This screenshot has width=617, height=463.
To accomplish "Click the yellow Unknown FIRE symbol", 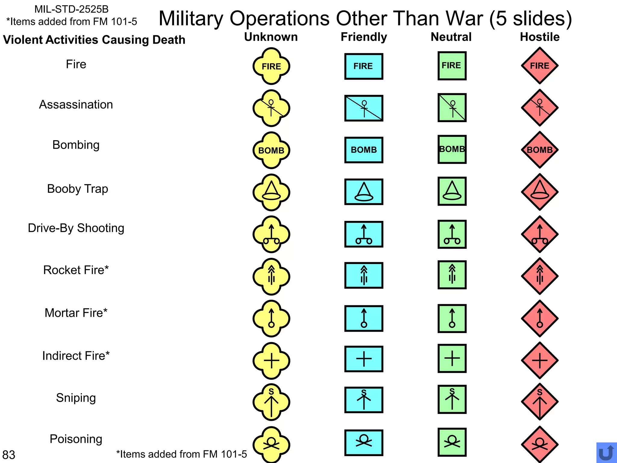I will click(271, 66).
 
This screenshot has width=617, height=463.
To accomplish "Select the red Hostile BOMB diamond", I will click(540, 150).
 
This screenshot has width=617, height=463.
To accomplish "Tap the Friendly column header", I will click(364, 37).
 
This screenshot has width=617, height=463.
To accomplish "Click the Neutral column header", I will click(451, 37).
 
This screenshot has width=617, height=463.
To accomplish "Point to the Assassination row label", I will click(76, 105).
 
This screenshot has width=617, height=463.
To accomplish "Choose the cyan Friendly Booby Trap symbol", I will click(364, 192).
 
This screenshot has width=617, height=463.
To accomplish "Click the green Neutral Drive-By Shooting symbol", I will click(452, 234).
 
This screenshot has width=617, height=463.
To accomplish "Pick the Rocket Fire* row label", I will click(76, 270).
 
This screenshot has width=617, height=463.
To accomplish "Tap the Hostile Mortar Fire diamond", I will click(540, 318).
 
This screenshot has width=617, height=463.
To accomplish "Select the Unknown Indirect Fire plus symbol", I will click(271, 361).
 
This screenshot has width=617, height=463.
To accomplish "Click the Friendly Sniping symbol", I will click(364, 400).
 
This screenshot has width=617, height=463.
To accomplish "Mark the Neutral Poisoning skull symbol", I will click(452, 442).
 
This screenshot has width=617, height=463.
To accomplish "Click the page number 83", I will click(9, 455).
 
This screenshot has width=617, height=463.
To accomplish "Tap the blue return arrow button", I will click(606, 453).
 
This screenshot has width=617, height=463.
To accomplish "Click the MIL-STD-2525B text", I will click(71, 9).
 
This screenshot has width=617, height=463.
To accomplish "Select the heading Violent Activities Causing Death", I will click(94, 40).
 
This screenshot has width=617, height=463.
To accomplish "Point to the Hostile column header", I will click(540, 37).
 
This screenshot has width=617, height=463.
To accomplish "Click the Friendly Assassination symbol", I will click(364, 108).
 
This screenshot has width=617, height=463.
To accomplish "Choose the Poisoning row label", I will click(76, 439).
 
